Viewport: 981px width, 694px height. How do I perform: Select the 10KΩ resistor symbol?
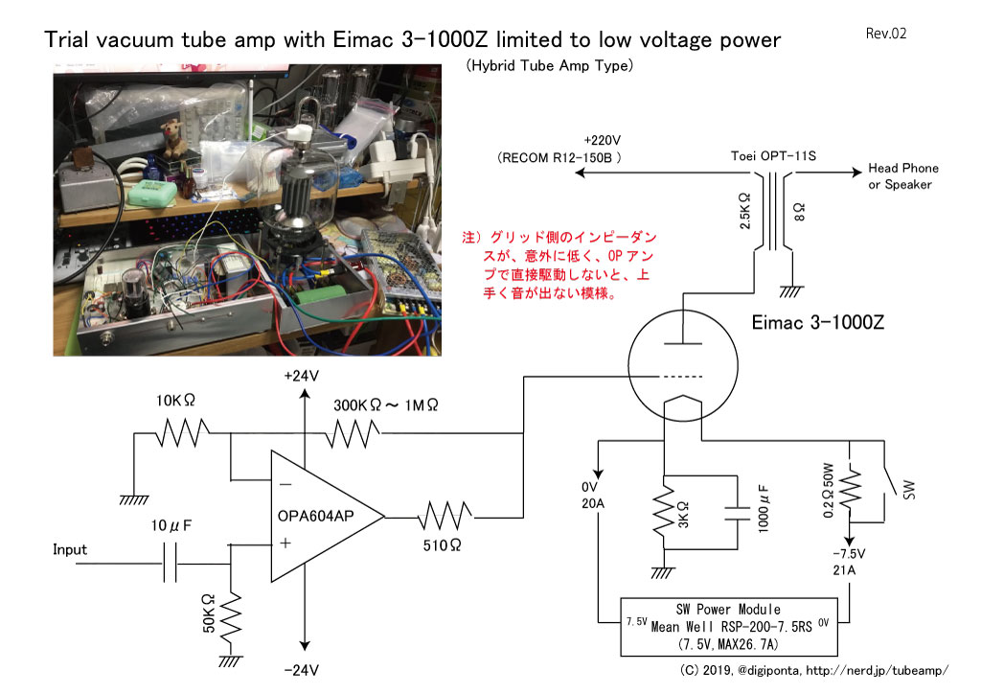(182, 432)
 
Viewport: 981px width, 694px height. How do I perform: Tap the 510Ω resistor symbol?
(445, 517)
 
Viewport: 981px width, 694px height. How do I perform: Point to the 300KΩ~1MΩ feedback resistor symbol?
(354, 433)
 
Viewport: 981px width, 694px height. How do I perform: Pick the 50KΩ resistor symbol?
(231, 622)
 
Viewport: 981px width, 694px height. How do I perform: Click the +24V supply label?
(301, 376)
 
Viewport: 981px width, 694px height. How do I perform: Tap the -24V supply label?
(301, 670)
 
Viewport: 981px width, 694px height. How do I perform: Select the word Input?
(69, 549)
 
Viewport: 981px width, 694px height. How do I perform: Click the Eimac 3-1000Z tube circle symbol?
(682, 366)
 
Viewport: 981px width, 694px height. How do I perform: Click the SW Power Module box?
(728, 626)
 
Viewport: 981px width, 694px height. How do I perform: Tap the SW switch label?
(909, 490)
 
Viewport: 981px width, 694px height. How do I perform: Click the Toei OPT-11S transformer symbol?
(773, 211)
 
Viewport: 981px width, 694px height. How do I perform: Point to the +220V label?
(602, 140)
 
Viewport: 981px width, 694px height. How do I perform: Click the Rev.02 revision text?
(886, 34)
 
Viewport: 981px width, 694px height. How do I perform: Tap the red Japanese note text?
(559, 265)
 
